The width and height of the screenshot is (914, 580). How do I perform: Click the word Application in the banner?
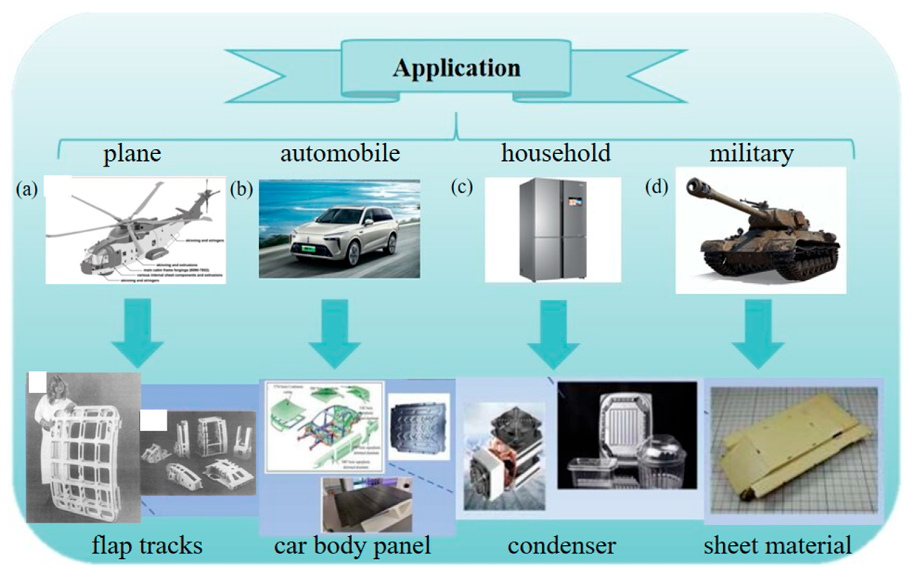click(x=456, y=68)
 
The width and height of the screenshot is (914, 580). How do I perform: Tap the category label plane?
click(x=132, y=154)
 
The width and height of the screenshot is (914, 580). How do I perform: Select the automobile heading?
click(x=340, y=154)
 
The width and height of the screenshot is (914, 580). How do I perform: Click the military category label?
click(x=752, y=154)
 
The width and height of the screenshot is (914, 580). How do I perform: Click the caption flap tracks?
click(x=147, y=546)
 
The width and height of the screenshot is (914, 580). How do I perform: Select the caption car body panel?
click(x=352, y=546)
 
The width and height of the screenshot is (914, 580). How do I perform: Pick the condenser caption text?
click(x=562, y=546)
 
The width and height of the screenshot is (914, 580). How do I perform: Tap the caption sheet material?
click(x=777, y=546)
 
